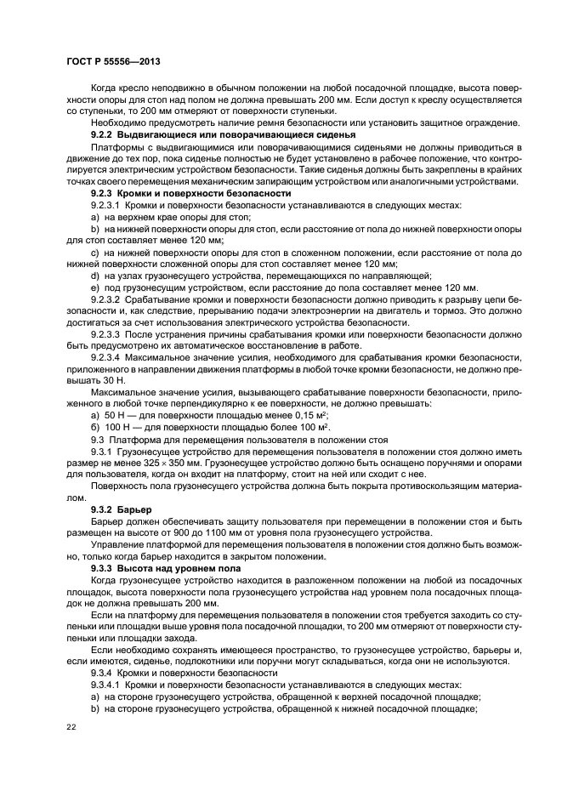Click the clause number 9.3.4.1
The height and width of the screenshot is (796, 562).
coord(108,684)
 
